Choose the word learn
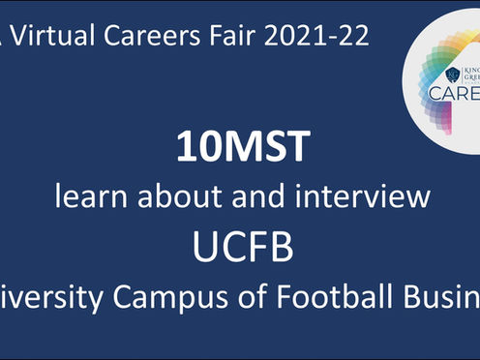click(x=93, y=197)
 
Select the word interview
click(x=360, y=197)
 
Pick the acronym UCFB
click(x=241, y=246)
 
